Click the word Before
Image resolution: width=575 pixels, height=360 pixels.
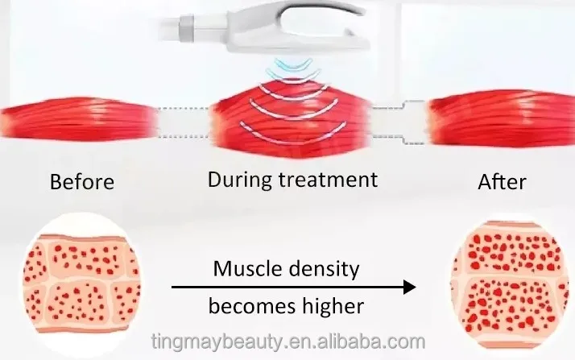[x=81, y=180]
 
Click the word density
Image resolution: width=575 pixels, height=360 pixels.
[x=323, y=270]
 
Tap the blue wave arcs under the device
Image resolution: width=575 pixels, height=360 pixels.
[x=288, y=69]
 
